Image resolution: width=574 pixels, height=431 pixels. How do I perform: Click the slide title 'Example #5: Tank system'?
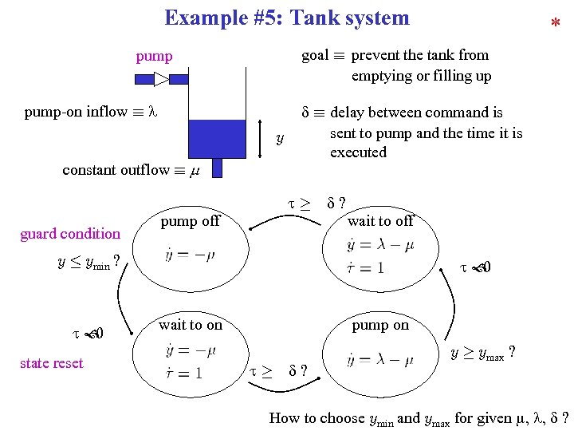pos(286,18)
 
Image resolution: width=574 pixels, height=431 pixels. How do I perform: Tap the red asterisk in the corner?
pos(555,26)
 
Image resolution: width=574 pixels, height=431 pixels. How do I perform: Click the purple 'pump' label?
pos(154,56)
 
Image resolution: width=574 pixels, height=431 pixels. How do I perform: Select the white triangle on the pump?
pos(161,79)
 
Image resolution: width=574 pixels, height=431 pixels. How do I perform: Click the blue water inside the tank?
pos(218,138)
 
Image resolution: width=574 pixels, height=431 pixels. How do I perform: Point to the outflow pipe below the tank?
pos(218,168)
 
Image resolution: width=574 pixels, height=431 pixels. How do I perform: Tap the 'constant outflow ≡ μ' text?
pos(131,169)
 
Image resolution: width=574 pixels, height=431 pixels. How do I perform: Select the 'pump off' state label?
pos(190,221)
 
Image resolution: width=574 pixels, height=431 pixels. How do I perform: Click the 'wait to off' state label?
pos(381,221)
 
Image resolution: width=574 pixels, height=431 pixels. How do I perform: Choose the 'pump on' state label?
pos(380,325)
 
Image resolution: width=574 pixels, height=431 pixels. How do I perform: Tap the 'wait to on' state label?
pos(191,325)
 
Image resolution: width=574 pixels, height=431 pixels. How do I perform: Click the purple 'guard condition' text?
pos(70,234)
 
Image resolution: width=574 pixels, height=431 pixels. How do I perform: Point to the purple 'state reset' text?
pos(52,363)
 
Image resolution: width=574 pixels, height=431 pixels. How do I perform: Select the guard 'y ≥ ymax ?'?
pos(482,353)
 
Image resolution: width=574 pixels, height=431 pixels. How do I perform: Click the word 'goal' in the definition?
pos(315,55)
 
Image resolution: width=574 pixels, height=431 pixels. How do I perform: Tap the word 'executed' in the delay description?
pos(358,152)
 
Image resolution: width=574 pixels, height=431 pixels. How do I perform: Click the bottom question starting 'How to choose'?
pos(419,417)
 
